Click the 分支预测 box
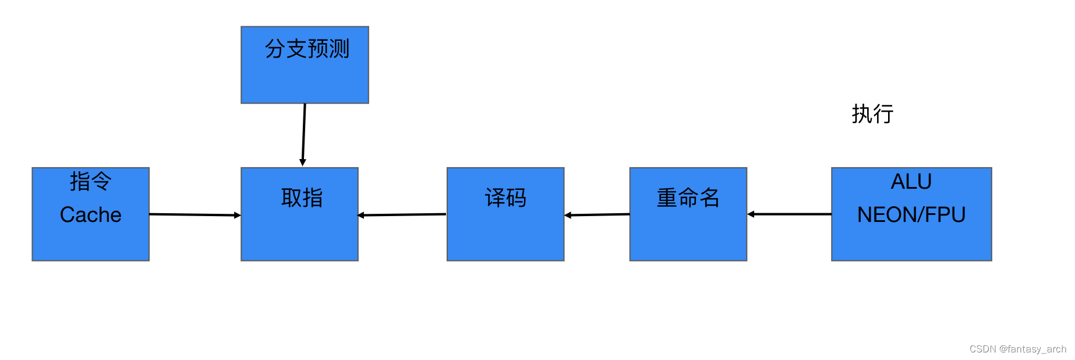coord(305,76)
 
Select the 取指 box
coord(299,227)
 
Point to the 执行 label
coord(872,114)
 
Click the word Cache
coord(90,215)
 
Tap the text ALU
coord(911,182)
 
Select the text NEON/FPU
coord(911,215)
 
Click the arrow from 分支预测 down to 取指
coord(304,134)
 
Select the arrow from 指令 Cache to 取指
coord(195,215)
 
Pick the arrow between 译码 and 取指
coord(402,215)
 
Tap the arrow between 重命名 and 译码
coord(597,215)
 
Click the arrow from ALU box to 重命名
coord(789,214)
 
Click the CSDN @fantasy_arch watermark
coord(1017,349)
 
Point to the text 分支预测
coord(307,49)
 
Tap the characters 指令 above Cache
coord(90,181)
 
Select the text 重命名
coord(688,198)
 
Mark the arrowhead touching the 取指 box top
coord(303,163)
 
